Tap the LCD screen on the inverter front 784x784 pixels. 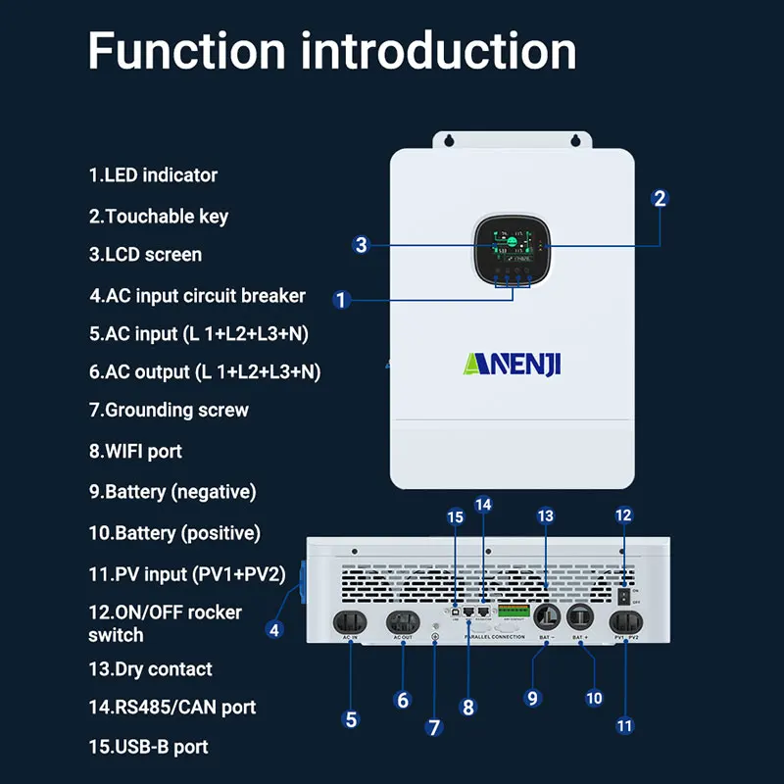click(x=510, y=246)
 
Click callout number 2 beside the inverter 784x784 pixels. click(x=660, y=198)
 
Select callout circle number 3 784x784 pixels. click(x=362, y=245)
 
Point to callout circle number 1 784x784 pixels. click(x=341, y=300)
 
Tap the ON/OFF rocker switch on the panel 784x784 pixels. click(x=620, y=594)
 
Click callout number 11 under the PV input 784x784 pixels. click(x=625, y=726)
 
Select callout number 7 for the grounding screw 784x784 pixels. click(x=435, y=727)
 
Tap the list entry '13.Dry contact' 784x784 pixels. click(x=150, y=669)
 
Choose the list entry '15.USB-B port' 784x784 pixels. click(x=148, y=747)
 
